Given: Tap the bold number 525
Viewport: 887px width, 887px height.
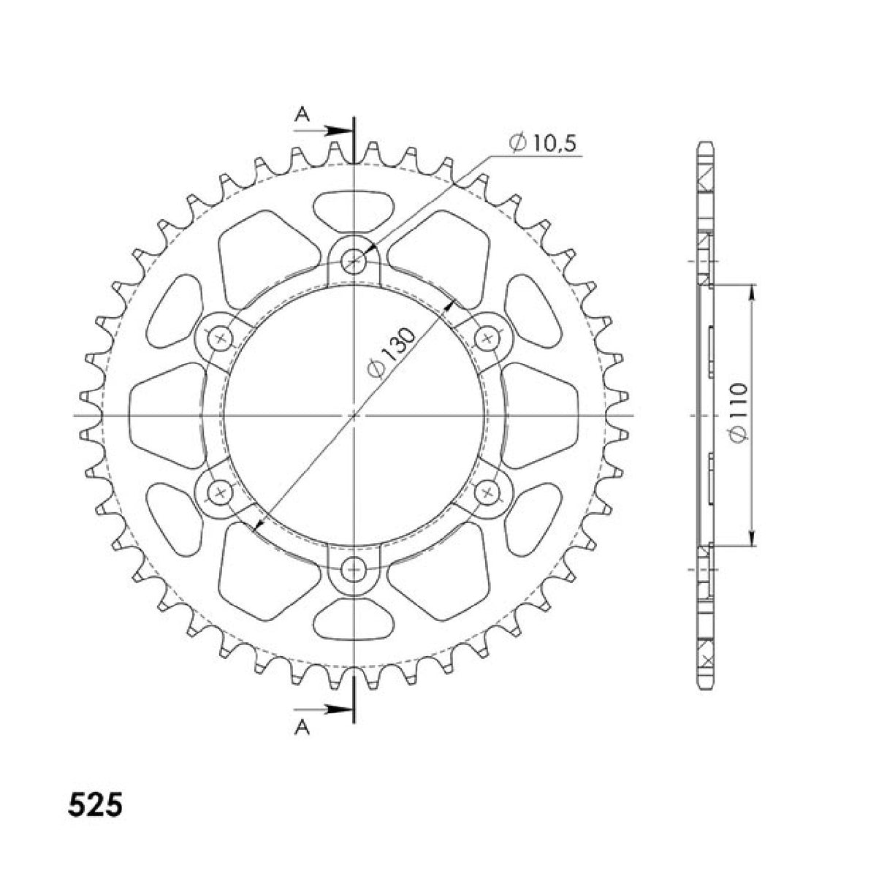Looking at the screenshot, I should click(96, 806).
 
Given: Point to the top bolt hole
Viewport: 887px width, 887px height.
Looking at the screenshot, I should click(354, 260).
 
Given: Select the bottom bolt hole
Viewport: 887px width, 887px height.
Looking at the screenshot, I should click(354, 568).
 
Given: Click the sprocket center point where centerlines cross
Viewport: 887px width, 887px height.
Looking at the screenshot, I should click(354, 415).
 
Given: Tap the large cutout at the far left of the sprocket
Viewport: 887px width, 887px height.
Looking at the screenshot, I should click(164, 415).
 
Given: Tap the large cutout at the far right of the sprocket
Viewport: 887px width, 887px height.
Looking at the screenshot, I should click(542, 415).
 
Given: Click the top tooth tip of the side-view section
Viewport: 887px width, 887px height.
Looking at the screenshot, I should click(705, 144).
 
